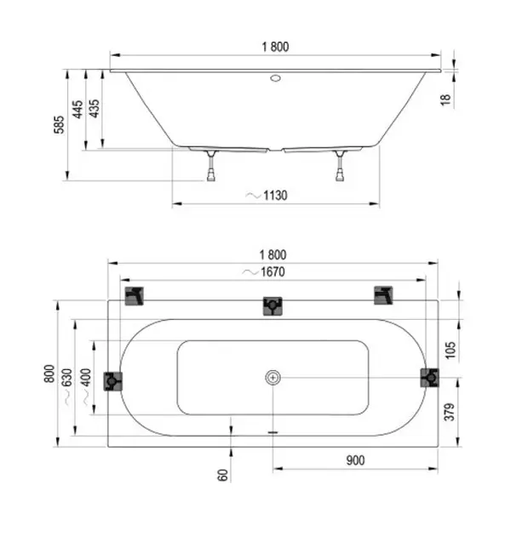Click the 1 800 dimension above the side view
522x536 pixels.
pos(275,47)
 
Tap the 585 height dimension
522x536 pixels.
pos(59,125)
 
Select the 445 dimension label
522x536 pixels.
pos(77,109)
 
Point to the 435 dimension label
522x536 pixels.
pos(94,108)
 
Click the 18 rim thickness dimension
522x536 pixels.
pos(445,100)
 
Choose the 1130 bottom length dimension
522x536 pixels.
pos(275,196)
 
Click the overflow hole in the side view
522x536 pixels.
pos(275,78)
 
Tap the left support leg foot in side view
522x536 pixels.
pos(211,177)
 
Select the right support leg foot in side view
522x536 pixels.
pos(340,177)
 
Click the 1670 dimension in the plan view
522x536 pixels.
pos(272,272)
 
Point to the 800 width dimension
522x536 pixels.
pos(49,373)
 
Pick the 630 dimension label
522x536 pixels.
pos(67,377)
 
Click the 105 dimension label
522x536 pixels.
pos(450,350)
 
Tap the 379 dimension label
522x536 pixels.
pos(450,412)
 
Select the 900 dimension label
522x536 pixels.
pos(355,460)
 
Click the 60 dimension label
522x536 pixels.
pos(223,475)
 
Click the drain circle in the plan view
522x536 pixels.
pos(273,378)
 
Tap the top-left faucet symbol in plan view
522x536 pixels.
pos(134,296)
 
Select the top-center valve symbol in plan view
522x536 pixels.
pos(272,306)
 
